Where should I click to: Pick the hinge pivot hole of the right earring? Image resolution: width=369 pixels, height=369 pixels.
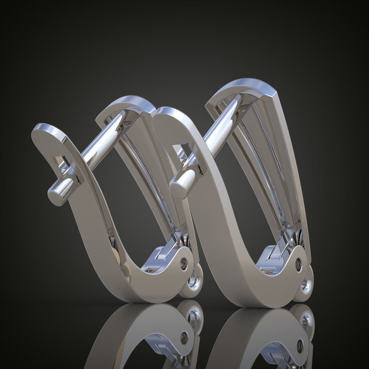coord(299,264)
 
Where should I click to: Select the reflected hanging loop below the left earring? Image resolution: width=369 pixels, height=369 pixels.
coord(195,317)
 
